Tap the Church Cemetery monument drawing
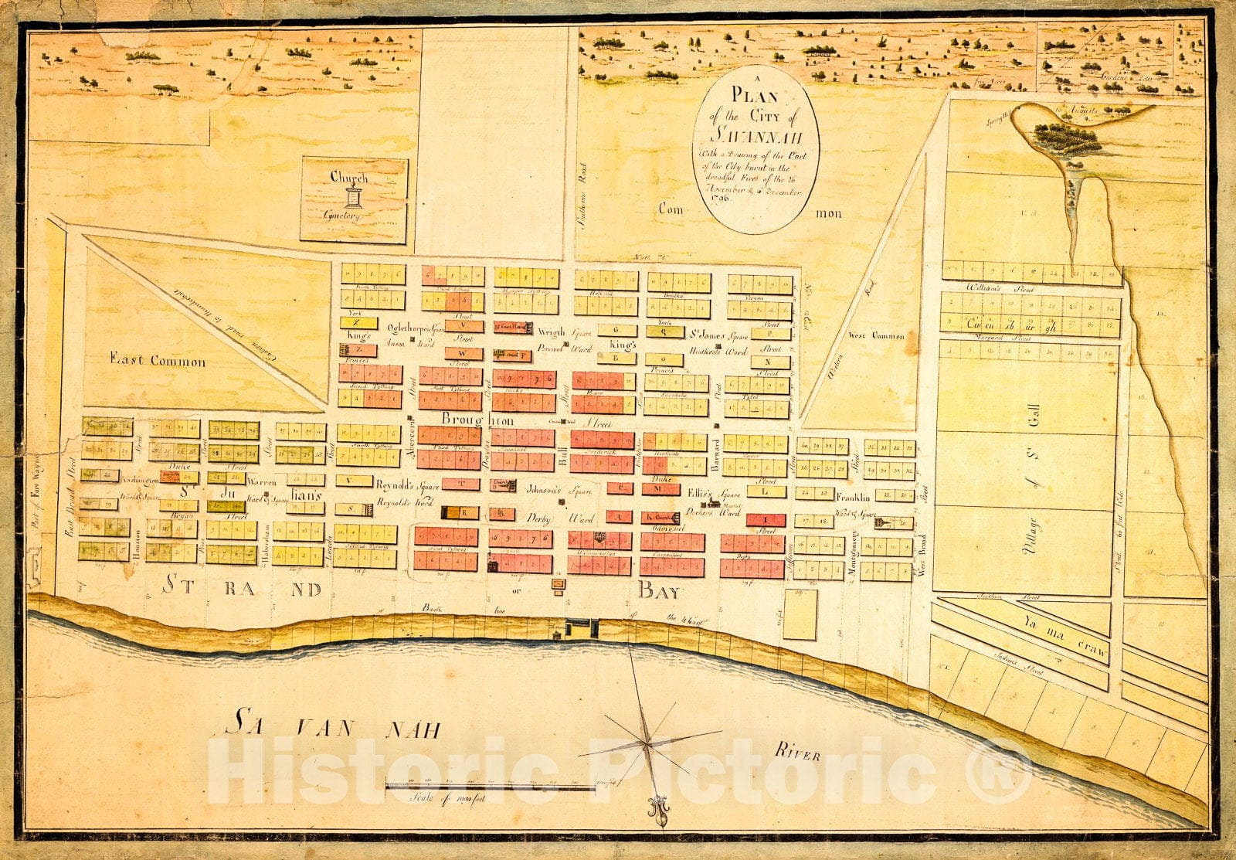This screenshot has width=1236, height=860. (x=354, y=196)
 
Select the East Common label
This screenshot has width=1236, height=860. (x=158, y=361)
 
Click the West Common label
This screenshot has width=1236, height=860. (x=876, y=335)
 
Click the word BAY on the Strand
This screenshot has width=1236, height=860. (x=658, y=592)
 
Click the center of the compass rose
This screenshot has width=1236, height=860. (x=646, y=743)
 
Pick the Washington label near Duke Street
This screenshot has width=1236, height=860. (x=139, y=481)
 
